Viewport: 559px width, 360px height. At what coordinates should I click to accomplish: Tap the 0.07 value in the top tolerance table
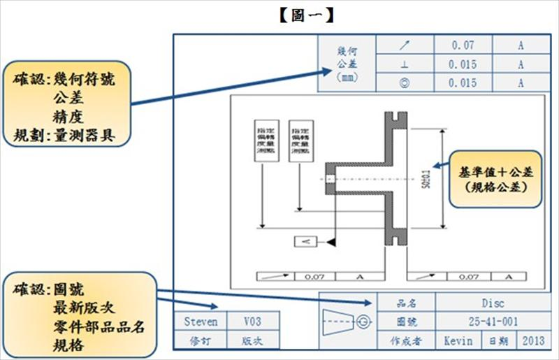pyautogui.click(x=463, y=45)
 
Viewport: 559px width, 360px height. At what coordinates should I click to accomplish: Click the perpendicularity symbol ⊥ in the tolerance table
pyautogui.click(x=405, y=64)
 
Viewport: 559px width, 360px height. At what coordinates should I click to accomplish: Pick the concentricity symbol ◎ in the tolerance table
pyautogui.click(x=405, y=83)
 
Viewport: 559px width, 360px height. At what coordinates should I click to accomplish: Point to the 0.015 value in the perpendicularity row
pyautogui.click(x=463, y=64)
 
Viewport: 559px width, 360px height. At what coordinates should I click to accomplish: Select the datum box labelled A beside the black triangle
pyautogui.click(x=306, y=241)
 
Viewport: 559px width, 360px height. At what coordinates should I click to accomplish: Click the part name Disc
pyautogui.click(x=493, y=303)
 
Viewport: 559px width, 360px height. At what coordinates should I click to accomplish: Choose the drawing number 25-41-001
pyautogui.click(x=493, y=322)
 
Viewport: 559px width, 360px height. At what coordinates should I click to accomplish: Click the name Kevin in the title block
pyautogui.click(x=458, y=341)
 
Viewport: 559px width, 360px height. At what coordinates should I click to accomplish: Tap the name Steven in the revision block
pyautogui.click(x=201, y=322)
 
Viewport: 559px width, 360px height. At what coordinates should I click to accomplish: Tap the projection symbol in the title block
pyautogui.click(x=347, y=322)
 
